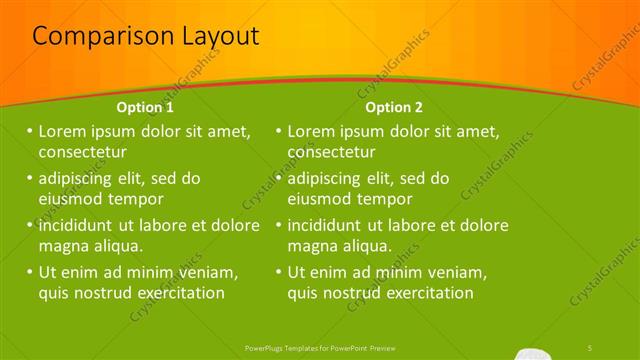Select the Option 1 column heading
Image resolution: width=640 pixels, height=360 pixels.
pyautogui.click(x=145, y=107)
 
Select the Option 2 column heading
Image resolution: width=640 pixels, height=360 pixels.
pyautogui.click(x=394, y=107)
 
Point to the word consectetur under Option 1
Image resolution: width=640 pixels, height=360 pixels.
pyautogui.click(x=82, y=153)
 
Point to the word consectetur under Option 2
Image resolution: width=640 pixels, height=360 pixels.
pyautogui.click(x=332, y=153)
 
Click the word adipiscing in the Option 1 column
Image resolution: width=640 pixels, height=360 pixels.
pyautogui.click(x=83, y=179)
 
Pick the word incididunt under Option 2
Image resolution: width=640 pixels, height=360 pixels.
pyautogui.click(x=331, y=225)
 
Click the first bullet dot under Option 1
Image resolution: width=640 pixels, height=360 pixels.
pyautogui.click(x=29, y=131)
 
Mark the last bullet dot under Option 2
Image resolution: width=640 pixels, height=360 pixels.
pyautogui.click(x=278, y=272)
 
